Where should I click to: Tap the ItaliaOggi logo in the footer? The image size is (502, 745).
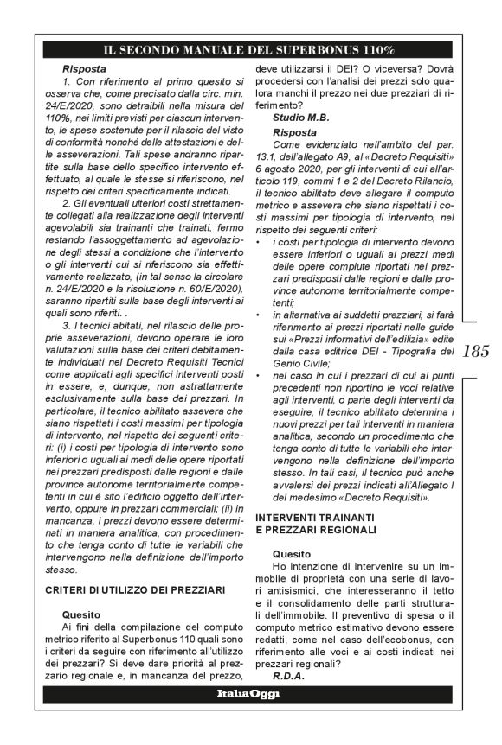click(250, 694)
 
